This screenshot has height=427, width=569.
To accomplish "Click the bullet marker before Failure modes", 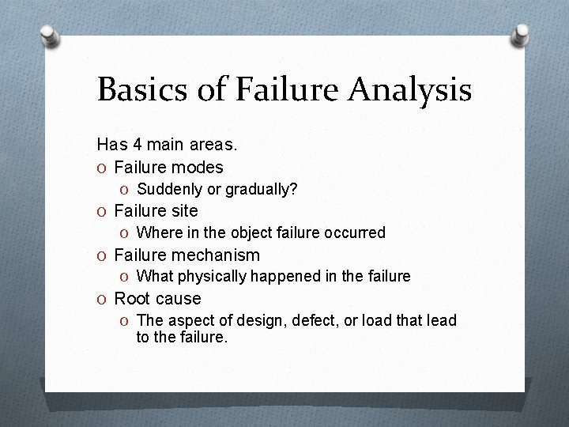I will tap(103, 168).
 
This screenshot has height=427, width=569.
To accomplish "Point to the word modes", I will tap(199, 168).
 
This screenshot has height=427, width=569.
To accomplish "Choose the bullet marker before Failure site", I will tap(103, 211).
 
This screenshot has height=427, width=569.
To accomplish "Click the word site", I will tap(183, 211).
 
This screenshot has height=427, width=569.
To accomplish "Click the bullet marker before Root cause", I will tap(103, 299).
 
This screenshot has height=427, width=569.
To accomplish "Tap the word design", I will tap(267, 320).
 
